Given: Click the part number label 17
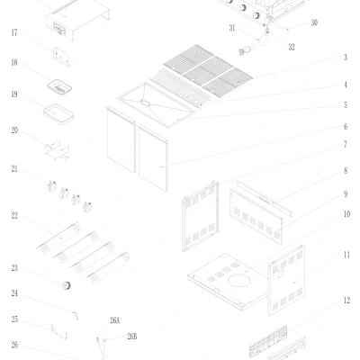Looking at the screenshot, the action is coord(14,32).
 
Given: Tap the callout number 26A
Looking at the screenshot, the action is coord(114,320).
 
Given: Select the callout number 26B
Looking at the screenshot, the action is coord(132,337).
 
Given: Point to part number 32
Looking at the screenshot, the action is coord(292,47).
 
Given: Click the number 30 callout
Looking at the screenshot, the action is coord(314,22).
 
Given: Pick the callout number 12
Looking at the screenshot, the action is coord(346,301).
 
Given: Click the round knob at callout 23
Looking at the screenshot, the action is coord(67,285).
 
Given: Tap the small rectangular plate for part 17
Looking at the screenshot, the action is coord(61,56).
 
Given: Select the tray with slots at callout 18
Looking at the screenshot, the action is coord(59,87).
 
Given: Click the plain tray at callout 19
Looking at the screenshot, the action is coord(58,113).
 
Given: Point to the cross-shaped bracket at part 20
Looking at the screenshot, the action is coord(58,149).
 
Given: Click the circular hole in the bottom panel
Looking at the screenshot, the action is coord(238,281).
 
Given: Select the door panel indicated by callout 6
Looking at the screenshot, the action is coord(153,157).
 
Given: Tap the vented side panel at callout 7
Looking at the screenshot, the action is coord(201,216).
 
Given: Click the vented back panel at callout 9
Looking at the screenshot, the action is coord(256,216).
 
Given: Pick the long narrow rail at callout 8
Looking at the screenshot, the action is coord(265,198).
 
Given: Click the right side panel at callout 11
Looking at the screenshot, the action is coord(286,280).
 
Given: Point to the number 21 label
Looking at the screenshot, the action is coord(14,169).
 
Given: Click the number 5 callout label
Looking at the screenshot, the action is coord(346,105).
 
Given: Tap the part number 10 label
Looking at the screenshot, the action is coord(346,214).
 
